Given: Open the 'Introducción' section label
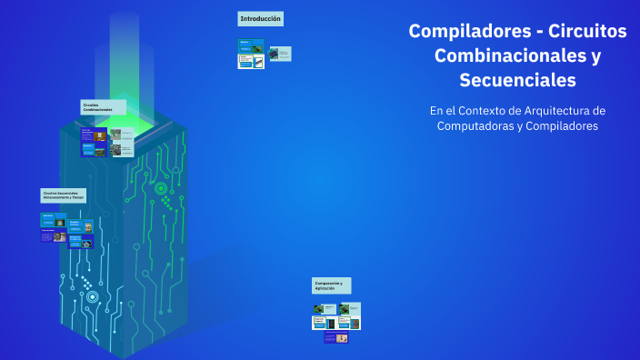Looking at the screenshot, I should point(260,18).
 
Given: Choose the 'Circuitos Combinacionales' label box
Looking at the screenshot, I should point(103,107).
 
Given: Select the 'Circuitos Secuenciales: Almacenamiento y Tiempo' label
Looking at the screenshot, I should point(64,195).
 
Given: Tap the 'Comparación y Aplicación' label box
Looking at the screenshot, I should point(331,285).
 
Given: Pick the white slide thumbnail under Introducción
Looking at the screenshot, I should point(251,62).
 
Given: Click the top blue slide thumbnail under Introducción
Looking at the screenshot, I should point(250,45).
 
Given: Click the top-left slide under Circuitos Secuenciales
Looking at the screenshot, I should point(53,220).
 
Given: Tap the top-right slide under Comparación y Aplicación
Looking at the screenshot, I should point(350,309).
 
